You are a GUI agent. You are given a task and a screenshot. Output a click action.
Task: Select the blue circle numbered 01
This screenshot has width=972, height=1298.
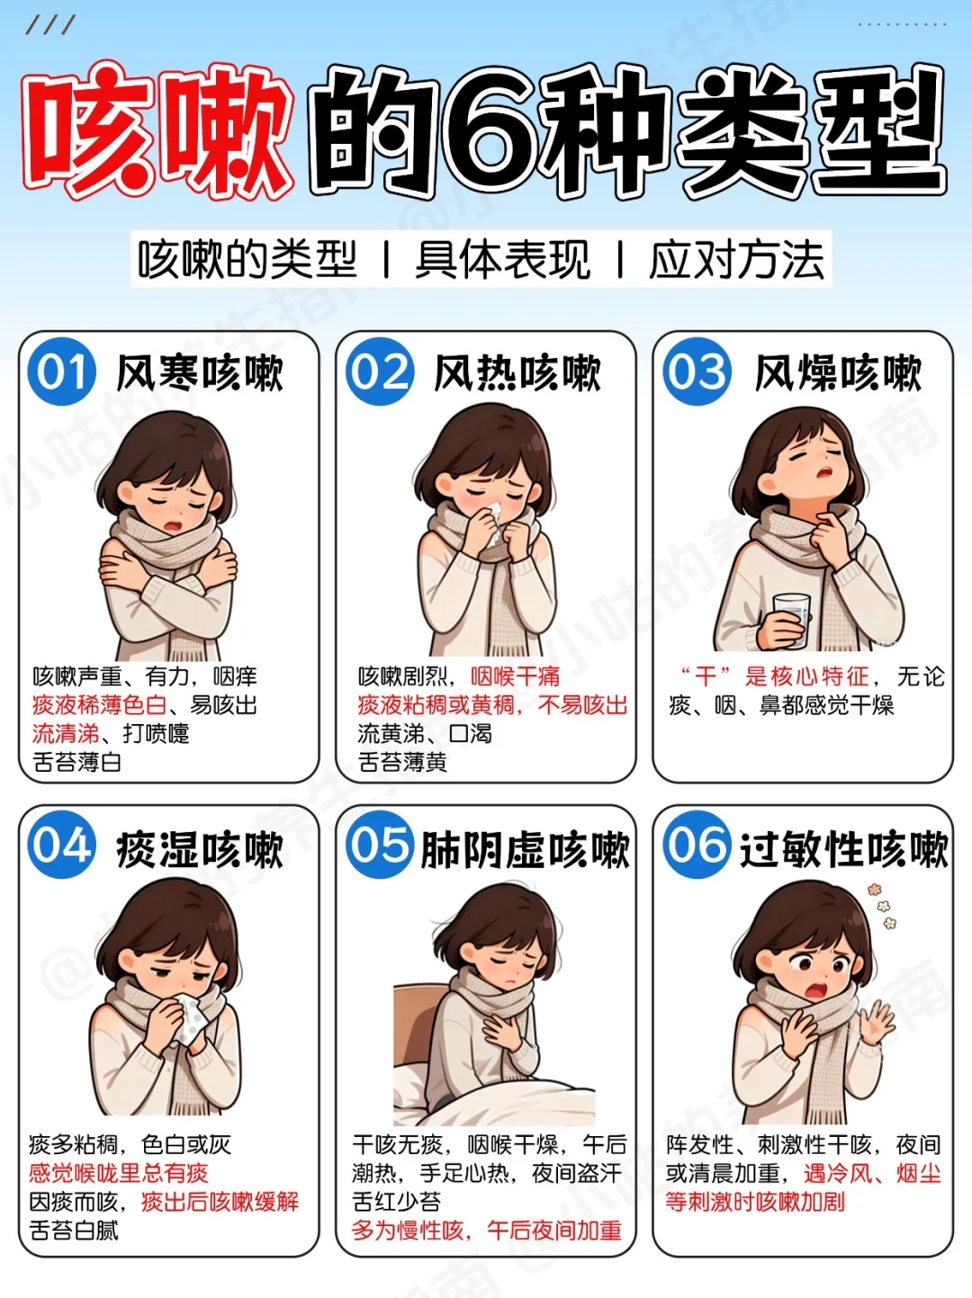pos(61,372)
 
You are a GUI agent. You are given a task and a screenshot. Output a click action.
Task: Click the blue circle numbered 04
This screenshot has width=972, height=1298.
pos(61,846)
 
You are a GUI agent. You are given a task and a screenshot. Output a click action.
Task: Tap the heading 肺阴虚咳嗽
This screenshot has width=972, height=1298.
pos(525,850)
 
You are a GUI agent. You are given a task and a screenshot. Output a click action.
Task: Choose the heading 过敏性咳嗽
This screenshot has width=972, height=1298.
pos(843,850)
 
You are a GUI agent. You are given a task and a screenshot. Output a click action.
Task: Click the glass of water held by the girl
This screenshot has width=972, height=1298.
pos(791,619)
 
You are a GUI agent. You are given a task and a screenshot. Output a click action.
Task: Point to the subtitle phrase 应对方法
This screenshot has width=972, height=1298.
pos(736,260)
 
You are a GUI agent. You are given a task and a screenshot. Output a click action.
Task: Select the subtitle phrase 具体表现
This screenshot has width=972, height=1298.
pos(502,260)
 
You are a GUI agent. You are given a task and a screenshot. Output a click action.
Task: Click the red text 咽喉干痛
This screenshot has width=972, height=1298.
pos(515,676)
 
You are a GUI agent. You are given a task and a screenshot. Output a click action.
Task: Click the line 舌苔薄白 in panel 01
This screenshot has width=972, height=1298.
pos(76,763)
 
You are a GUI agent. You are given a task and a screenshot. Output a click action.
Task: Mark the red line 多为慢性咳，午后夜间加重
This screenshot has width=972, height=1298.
pos(486,1231)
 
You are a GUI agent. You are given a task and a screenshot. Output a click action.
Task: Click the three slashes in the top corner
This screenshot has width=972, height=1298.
pos(50,25)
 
